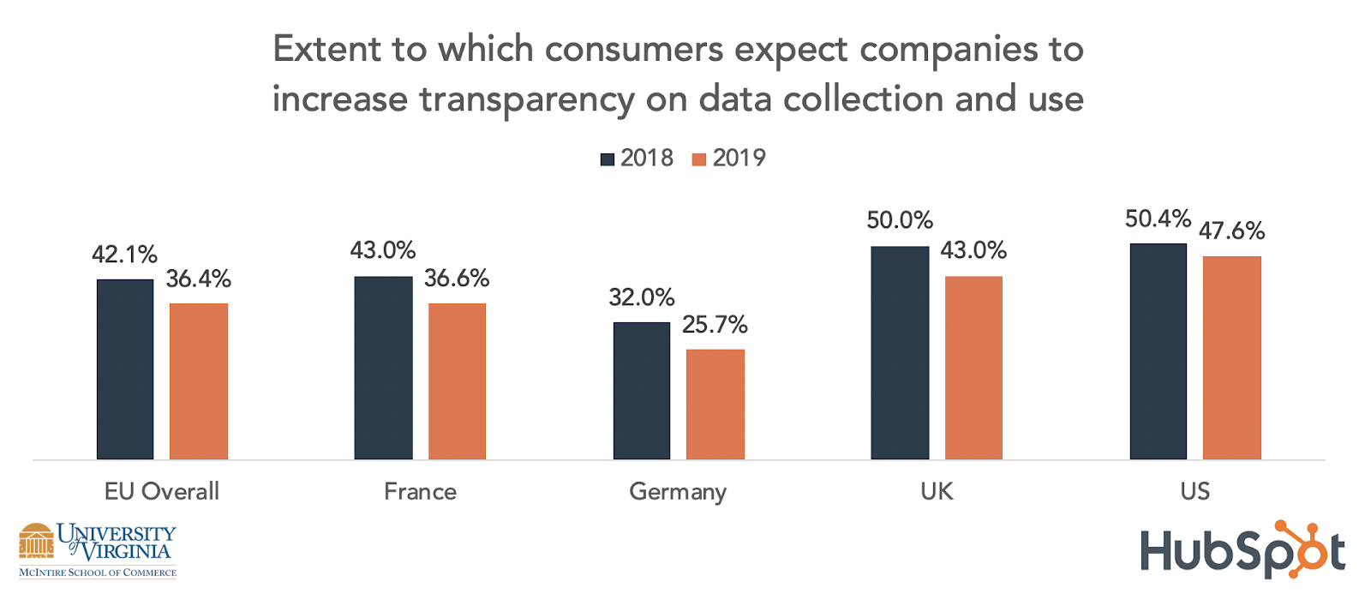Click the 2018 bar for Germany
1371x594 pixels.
[641, 391]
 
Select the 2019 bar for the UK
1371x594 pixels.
[973, 368]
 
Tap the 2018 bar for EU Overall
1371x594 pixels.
[125, 369]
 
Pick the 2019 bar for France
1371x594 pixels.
[457, 381]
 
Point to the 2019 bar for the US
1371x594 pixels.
[1231, 357]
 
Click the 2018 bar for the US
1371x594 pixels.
[1158, 351]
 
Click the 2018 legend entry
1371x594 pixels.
[638, 159]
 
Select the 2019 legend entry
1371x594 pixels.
[729, 159]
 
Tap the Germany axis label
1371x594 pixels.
[678, 492]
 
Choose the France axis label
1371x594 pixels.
[420, 492]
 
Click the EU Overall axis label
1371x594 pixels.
[162, 491]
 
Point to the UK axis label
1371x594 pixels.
[937, 491]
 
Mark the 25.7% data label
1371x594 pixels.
[715, 325]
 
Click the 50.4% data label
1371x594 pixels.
[1158, 219]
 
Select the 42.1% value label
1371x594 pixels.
[125, 255]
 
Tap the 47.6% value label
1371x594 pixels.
[1231, 231]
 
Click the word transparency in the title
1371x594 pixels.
[526, 100]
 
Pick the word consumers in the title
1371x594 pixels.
[634, 50]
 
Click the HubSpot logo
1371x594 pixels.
[1242, 550]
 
